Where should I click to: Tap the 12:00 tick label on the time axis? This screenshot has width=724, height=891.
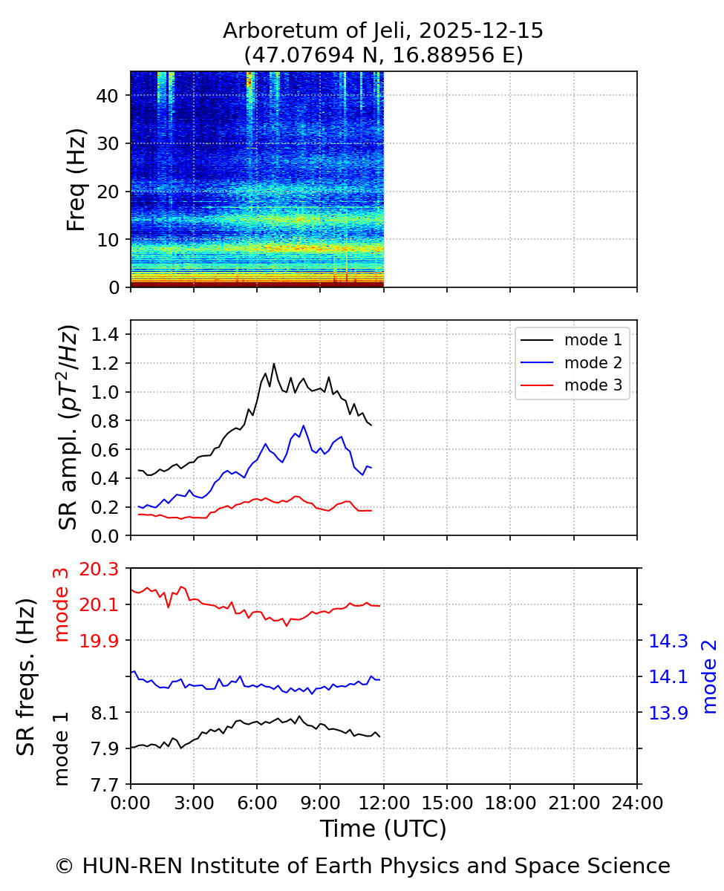(x=383, y=803)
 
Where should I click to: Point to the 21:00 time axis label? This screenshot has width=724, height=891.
(x=573, y=803)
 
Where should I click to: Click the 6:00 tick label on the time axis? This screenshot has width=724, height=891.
(x=257, y=803)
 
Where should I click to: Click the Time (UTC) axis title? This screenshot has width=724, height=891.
(x=383, y=829)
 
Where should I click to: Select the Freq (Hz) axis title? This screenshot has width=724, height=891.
(x=76, y=179)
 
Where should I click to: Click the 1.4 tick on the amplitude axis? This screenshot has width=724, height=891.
(x=106, y=335)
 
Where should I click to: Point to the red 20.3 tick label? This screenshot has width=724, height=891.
(x=100, y=569)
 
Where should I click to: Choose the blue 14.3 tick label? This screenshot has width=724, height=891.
(x=668, y=641)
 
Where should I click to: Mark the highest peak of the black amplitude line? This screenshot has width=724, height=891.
(x=274, y=364)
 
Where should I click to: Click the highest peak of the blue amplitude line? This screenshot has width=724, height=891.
(x=304, y=425)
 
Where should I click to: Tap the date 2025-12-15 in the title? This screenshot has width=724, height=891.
(x=481, y=30)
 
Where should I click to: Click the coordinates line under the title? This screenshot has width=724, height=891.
(x=383, y=55)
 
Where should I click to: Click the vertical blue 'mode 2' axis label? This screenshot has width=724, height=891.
(x=711, y=676)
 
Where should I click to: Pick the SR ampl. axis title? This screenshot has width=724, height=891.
(x=69, y=427)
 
